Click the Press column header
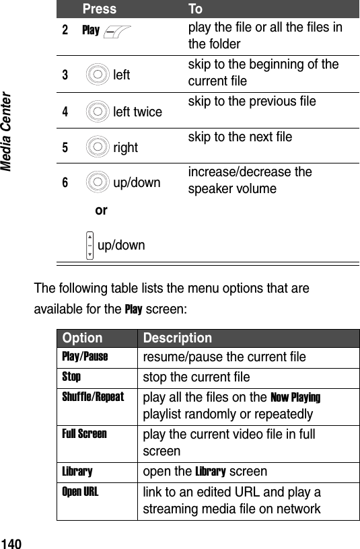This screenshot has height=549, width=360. point(100,9)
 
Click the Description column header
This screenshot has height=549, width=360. point(176,338)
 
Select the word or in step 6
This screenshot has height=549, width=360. point(101,210)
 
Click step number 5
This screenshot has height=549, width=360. point(65,146)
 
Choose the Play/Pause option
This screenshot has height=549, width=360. point(85,355)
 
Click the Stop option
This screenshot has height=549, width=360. point(71,376)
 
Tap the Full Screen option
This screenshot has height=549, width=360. point(84,434)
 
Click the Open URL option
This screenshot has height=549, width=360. point(80,492)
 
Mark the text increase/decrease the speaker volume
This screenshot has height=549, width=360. point(250,180)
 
